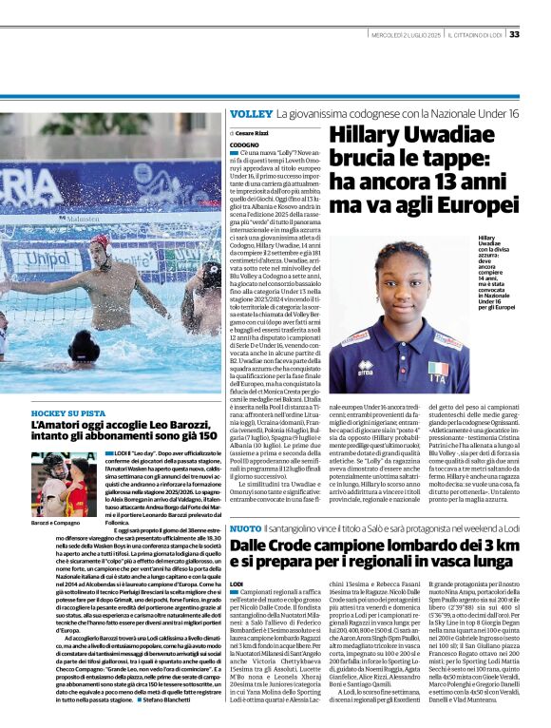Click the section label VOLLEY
250,114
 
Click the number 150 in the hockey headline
206,435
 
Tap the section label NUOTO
244,527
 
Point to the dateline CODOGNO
245,142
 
